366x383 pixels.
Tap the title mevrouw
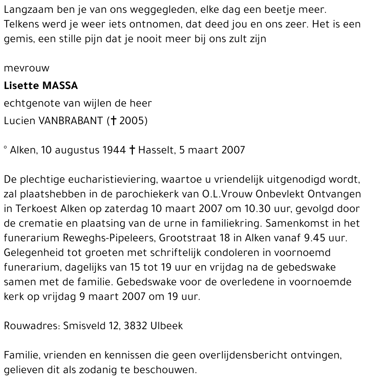[26, 68]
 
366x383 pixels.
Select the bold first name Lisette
[21, 86]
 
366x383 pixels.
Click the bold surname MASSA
[60, 86]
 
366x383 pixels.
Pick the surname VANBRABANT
[71, 121]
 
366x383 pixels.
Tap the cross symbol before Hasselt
[132, 150]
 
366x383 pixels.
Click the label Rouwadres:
[32, 326]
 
